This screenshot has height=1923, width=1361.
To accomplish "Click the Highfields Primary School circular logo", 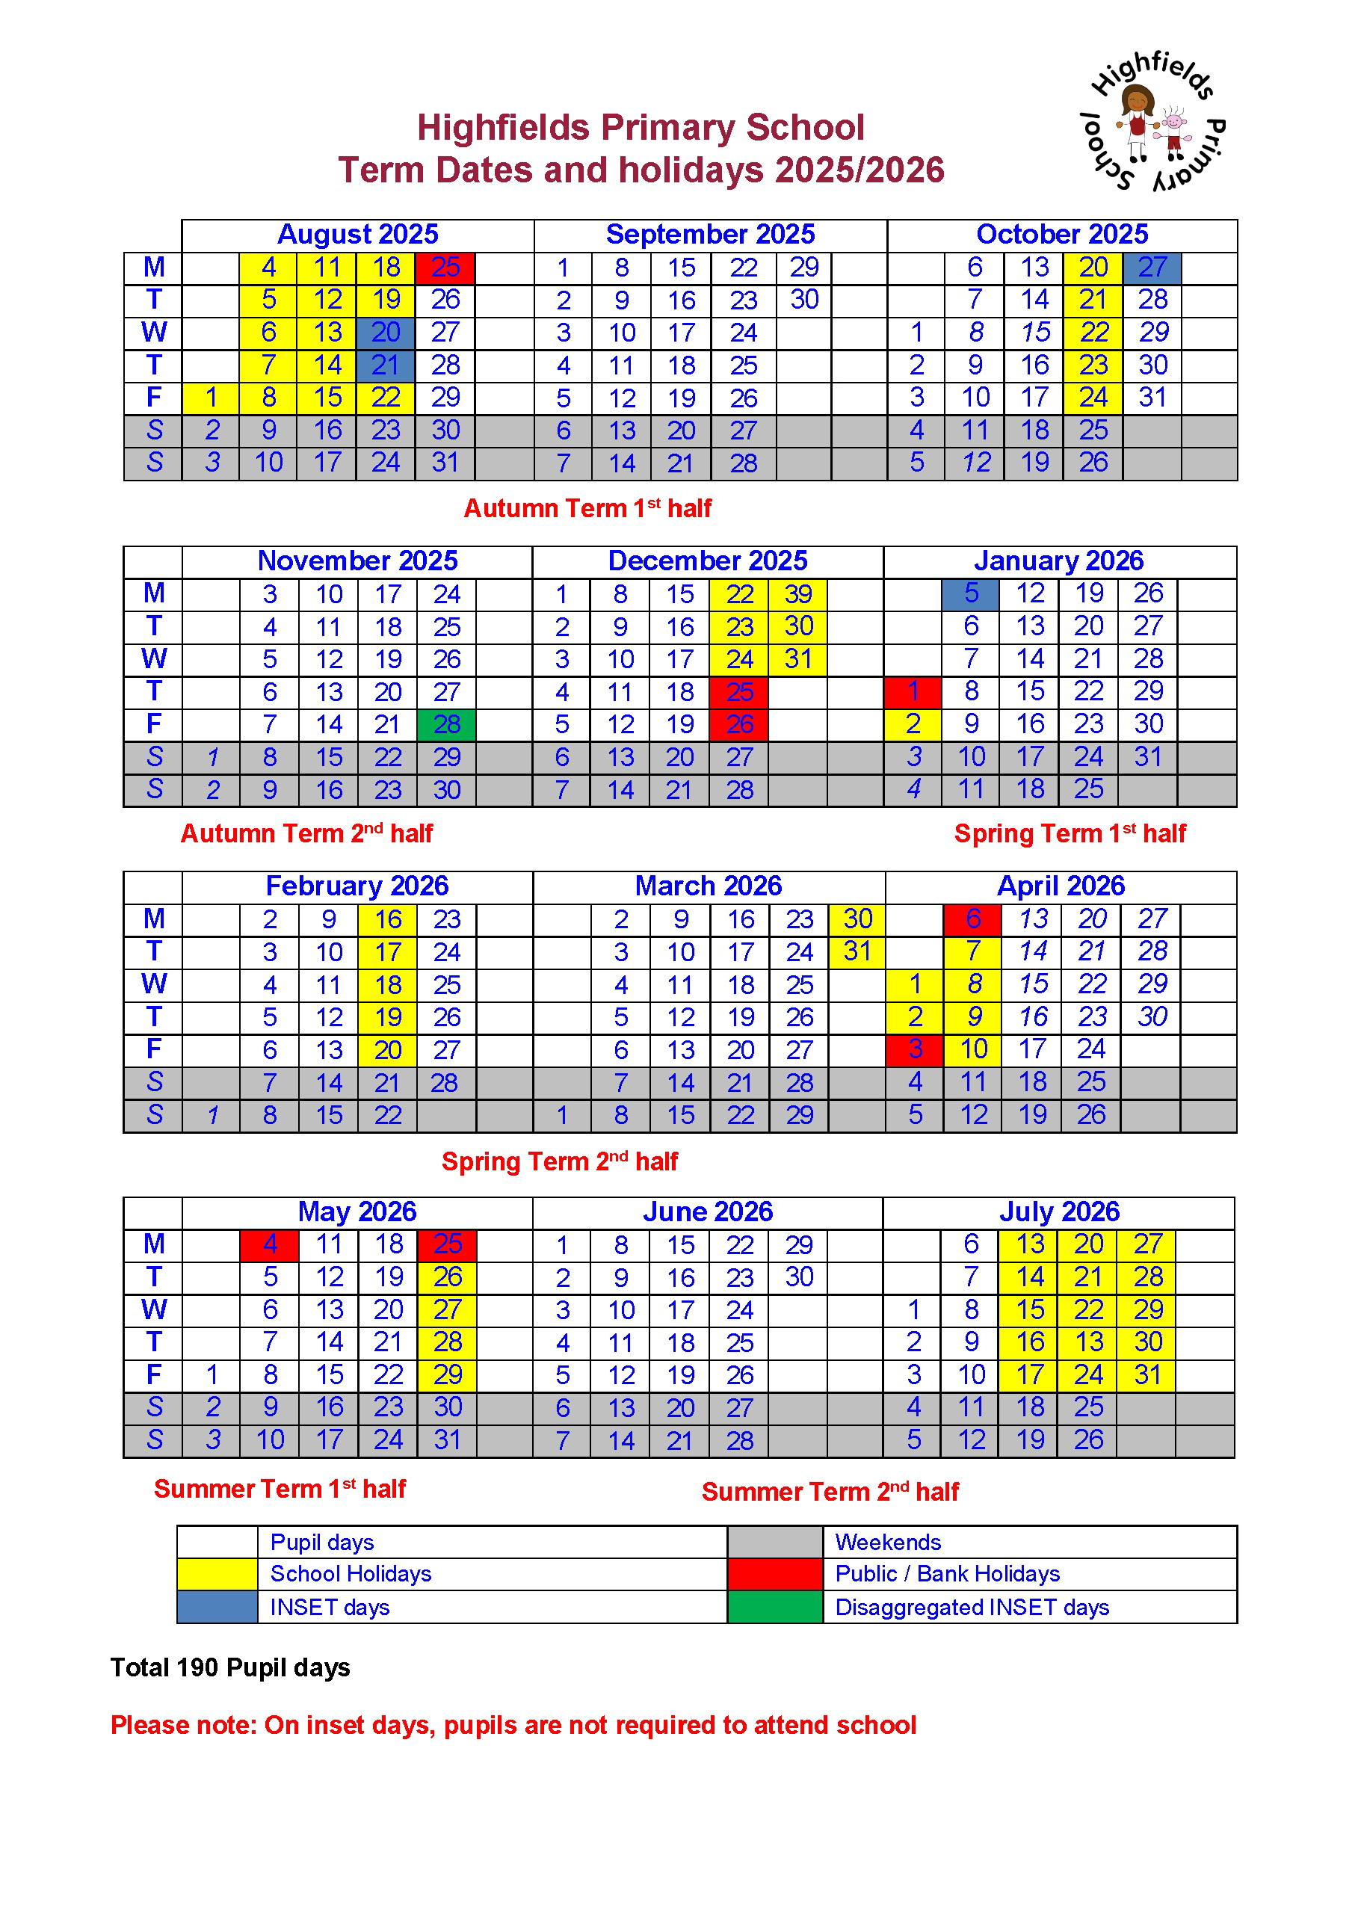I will (1153, 123).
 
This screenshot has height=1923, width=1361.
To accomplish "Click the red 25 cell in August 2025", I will (445, 268).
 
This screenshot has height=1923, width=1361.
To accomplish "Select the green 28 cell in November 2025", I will (447, 724).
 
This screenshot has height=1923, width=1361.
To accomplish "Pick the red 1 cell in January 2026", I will (913, 692).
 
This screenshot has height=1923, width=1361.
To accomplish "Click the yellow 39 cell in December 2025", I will (797, 594).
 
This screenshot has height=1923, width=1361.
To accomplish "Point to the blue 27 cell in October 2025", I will (1152, 268).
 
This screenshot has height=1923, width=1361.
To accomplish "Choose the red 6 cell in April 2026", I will (972, 919).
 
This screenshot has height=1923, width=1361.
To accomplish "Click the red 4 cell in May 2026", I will (269, 1245).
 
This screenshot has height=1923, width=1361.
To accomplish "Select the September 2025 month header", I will (710, 235).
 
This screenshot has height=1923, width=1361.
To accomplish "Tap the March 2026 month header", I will (709, 886).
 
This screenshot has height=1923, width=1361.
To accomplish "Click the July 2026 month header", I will (1058, 1211).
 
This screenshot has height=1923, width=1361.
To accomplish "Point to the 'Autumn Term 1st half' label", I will (587, 509).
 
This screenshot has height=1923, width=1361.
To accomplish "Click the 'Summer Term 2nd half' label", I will (830, 1492).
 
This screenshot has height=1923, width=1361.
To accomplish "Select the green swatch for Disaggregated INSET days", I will (774, 1607).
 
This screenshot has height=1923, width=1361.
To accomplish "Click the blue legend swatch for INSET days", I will (217, 1607).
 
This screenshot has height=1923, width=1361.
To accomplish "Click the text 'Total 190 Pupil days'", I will (230, 1668).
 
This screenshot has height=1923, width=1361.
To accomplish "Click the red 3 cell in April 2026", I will (914, 1050).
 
